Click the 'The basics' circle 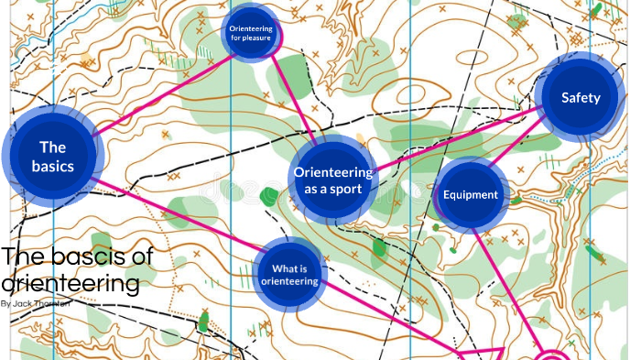tap(52, 156)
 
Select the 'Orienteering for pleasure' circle tap(250, 34)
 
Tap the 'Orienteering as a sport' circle tap(332, 180)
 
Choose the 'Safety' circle tap(581, 98)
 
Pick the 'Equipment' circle tap(470, 194)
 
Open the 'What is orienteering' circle tap(288, 274)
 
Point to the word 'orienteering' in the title tap(71, 283)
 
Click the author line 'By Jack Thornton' tap(38, 303)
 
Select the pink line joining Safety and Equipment tap(518, 146)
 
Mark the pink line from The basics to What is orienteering tap(174, 213)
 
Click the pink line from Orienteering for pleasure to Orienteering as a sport tap(296, 101)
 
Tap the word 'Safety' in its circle tap(581, 98)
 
